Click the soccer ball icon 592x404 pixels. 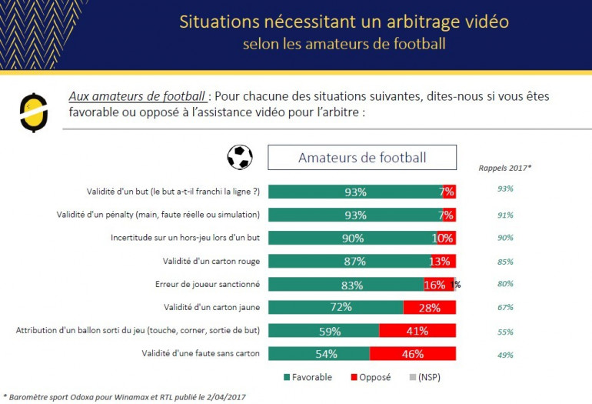pos(240,158)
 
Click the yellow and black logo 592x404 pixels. pos(33,112)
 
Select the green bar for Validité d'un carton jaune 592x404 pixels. pos(335,308)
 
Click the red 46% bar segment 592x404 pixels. pos(413,354)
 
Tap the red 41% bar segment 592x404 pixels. pos(417,331)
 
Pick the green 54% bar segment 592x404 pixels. pos(318,354)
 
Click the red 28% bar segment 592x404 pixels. pos(430,308)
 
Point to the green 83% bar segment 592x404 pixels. pos(345,285)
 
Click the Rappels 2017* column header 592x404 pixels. pos(504,166)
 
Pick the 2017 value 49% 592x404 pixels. pos(504,355)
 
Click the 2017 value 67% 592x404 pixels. pos(504,309)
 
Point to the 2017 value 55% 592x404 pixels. pos(504,332)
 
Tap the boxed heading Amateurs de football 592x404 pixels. pos(361,158)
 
